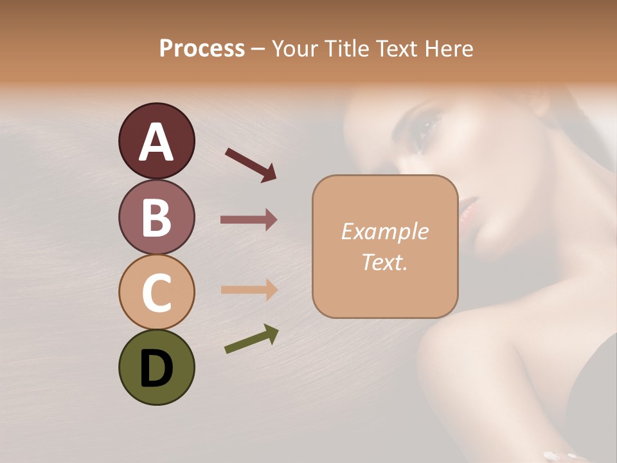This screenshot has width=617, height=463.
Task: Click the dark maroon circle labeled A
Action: [x=156, y=141]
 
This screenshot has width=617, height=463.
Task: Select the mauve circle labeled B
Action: [x=156, y=217]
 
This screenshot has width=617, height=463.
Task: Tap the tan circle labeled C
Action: [x=156, y=292]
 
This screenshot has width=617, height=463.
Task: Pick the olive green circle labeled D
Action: [x=156, y=367]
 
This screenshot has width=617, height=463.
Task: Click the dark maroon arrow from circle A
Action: [x=250, y=165]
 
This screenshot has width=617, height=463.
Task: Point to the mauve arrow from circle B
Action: [x=249, y=220]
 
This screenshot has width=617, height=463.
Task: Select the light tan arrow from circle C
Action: [x=249, y=290]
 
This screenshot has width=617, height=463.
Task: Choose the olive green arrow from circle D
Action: [x=251, y=340]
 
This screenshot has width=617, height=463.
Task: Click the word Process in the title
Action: [x=202, y=48]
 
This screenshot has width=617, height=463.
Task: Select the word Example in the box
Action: [x=384, y=232]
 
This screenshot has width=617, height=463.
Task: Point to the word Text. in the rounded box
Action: [x=384, y=262]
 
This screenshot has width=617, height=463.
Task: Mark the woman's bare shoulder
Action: [x=488, y=360]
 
